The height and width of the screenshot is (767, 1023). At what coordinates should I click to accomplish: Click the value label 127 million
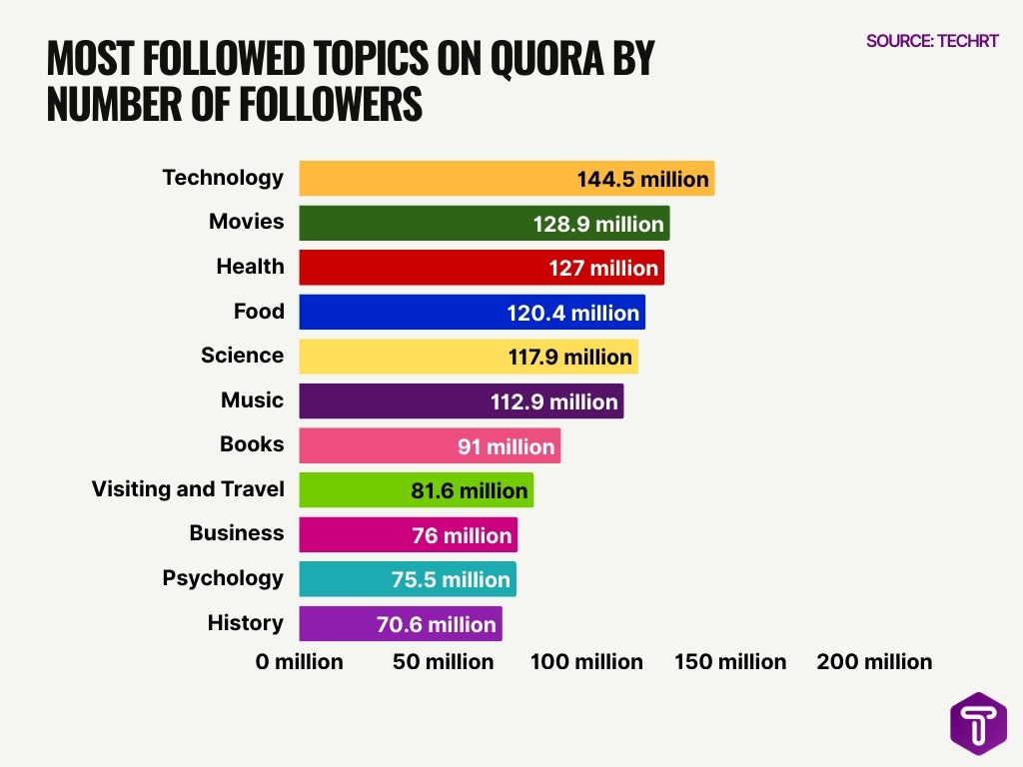[x=603, y=268]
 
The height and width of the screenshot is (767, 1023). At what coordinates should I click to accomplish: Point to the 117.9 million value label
[x=570, y=357]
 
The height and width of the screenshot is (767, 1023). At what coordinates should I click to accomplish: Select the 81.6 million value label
[x=469, y=490]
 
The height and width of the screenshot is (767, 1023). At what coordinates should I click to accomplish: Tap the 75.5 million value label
[x=451, y=579]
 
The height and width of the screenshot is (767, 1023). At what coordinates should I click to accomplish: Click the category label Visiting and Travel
[x=188, y=489]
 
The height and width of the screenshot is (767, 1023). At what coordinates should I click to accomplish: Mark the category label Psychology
[x=223, y=578]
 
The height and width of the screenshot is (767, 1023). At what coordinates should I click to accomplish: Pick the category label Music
[x=252, y=400]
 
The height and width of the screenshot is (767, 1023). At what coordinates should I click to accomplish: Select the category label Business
[x=237, y=533]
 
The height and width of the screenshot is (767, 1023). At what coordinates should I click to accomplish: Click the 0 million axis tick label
[x=299, y=661]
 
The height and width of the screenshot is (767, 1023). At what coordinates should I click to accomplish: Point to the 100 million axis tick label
[x=586, y=661]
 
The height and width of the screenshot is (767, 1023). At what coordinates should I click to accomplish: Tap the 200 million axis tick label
[x=874, y=661]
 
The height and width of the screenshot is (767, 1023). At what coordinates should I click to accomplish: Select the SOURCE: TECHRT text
[x=932, y=41]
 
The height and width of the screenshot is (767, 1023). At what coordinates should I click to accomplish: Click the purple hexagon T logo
[x=978, y=723]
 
